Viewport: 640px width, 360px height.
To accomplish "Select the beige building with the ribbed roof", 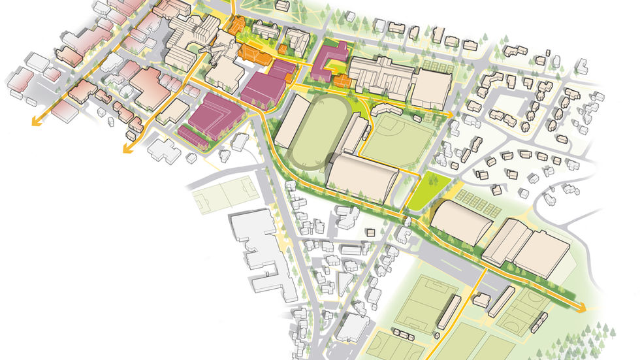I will point(382,78).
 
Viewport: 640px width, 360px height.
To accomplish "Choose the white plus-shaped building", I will point(163,149).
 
